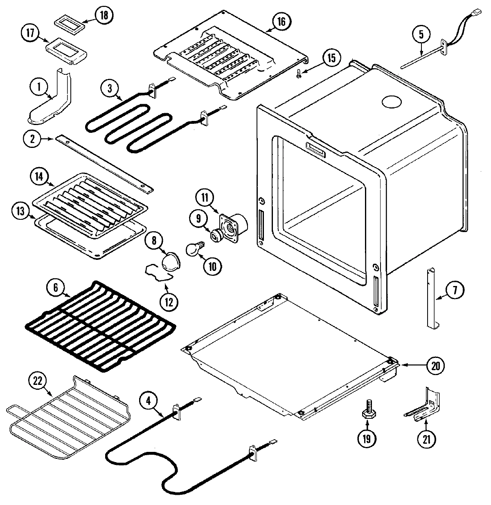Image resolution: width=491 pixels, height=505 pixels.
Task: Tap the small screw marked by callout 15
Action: click(x=299, y=74)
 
